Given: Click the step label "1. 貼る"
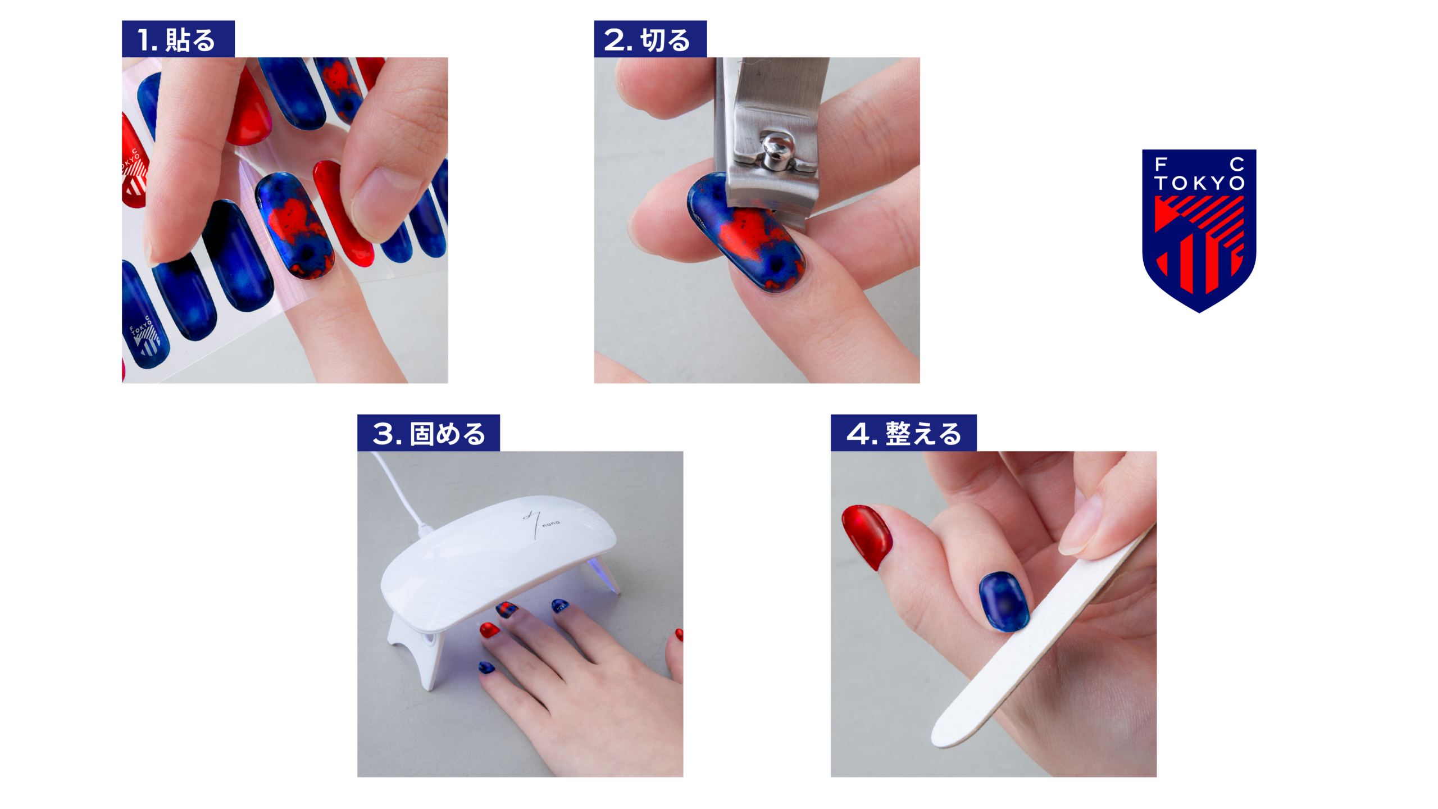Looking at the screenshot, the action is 178,39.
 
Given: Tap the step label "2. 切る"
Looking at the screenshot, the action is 650,39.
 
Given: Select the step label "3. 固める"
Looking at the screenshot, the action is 428,433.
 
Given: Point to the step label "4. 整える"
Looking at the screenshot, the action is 903,433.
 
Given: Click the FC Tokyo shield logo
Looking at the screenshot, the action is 1199,230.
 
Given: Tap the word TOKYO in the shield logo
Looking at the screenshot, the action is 1199,183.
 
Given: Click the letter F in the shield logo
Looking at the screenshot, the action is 1161,164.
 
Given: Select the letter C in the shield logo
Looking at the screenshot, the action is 1237,164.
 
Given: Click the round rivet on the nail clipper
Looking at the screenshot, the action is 777,149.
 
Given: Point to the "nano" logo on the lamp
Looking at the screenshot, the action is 550,523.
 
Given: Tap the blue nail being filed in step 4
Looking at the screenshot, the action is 1004,601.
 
